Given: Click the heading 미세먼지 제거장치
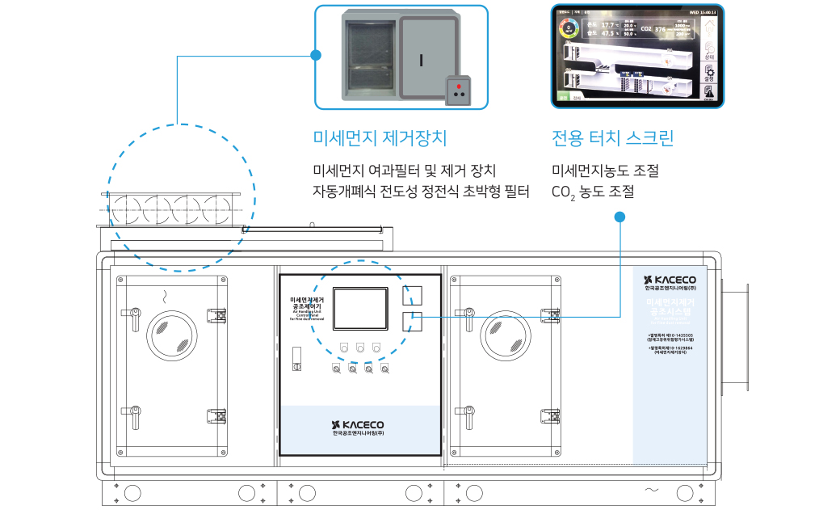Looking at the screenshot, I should point(380,137).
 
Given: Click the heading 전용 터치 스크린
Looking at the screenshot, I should point(612,137).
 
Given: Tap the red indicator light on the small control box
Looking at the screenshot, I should point(460,84).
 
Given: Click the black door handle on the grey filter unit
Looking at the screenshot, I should point(422,59).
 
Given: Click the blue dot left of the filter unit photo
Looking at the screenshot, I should point(315,56).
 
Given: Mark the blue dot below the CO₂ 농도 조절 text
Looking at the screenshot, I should point(619,217).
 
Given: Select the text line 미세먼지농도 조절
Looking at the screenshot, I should point(605,171).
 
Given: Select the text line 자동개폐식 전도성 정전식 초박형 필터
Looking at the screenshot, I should point(421,192).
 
